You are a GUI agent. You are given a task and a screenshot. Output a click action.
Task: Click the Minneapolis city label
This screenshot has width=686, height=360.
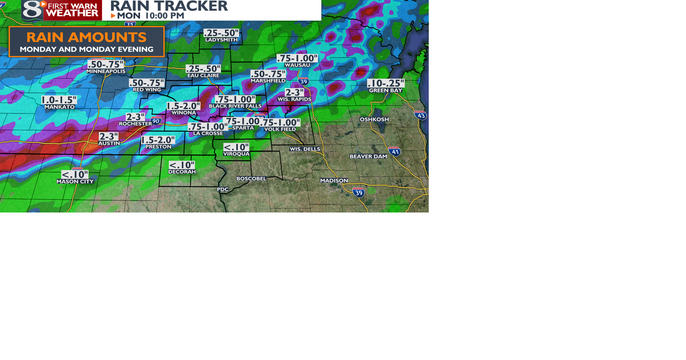106,71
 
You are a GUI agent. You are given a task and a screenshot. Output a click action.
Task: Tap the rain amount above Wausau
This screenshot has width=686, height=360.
297,58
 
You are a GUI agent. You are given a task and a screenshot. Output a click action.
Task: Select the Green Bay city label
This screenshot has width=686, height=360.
386,91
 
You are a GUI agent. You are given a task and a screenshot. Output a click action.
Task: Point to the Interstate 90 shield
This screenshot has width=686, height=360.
156,121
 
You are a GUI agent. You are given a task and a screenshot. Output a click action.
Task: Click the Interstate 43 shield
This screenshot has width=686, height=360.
421,115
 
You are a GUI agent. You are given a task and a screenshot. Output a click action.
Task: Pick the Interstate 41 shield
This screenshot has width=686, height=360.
395,151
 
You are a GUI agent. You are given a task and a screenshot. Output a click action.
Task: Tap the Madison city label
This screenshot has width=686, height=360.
334,181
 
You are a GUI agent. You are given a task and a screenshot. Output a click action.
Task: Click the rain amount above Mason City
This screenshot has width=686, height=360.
75,175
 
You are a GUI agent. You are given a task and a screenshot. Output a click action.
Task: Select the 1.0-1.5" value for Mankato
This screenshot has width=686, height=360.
59,100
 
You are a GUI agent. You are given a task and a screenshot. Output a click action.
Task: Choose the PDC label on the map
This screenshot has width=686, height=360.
223,189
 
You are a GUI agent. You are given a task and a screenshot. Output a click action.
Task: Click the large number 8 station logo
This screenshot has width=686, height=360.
32,10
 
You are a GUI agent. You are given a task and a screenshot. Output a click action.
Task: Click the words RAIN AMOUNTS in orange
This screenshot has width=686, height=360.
86,37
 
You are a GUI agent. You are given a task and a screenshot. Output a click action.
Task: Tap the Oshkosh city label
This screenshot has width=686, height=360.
374,119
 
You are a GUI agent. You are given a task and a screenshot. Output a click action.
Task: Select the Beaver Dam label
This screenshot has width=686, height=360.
368,156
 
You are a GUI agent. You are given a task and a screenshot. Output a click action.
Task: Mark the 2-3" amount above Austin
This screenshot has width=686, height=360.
109,136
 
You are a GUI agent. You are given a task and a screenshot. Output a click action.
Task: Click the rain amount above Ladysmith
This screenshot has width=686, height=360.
221,33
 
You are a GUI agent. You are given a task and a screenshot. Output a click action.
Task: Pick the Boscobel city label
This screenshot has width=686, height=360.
251,179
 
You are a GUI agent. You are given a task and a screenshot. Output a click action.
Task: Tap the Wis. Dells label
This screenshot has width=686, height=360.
305,149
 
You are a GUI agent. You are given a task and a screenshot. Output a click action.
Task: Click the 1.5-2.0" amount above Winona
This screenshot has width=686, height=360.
183,106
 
